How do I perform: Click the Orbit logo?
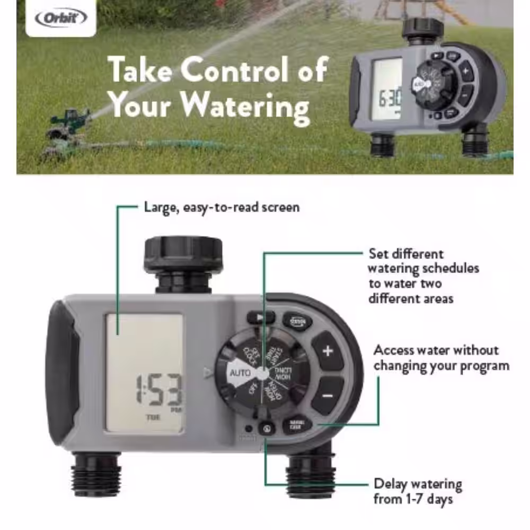(x=60, y=19)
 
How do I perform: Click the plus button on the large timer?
(x=328, y=351)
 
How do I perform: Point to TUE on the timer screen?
(x=151, y=417)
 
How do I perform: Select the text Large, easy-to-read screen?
(x=222, y=207)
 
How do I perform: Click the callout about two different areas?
(x=423, y=276)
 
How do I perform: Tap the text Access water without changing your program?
(x=441, y=358)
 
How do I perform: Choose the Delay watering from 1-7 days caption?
(x=418, y=491)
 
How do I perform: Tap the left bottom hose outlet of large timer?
(x=96, y=473)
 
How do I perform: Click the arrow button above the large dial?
(x=260, y=317)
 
